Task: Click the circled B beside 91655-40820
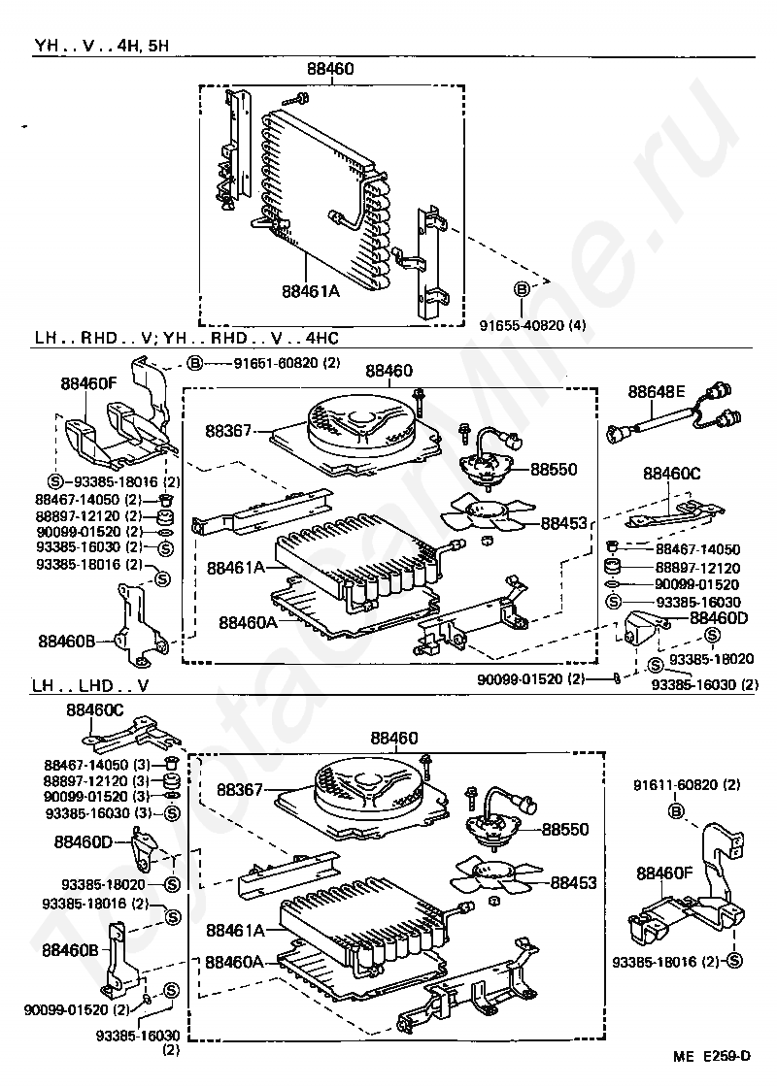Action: [x=522, y=288]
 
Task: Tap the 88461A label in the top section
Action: [x=311, y=289]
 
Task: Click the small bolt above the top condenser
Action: [x=295, y=98]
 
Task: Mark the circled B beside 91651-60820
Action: [x=194, y=363]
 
